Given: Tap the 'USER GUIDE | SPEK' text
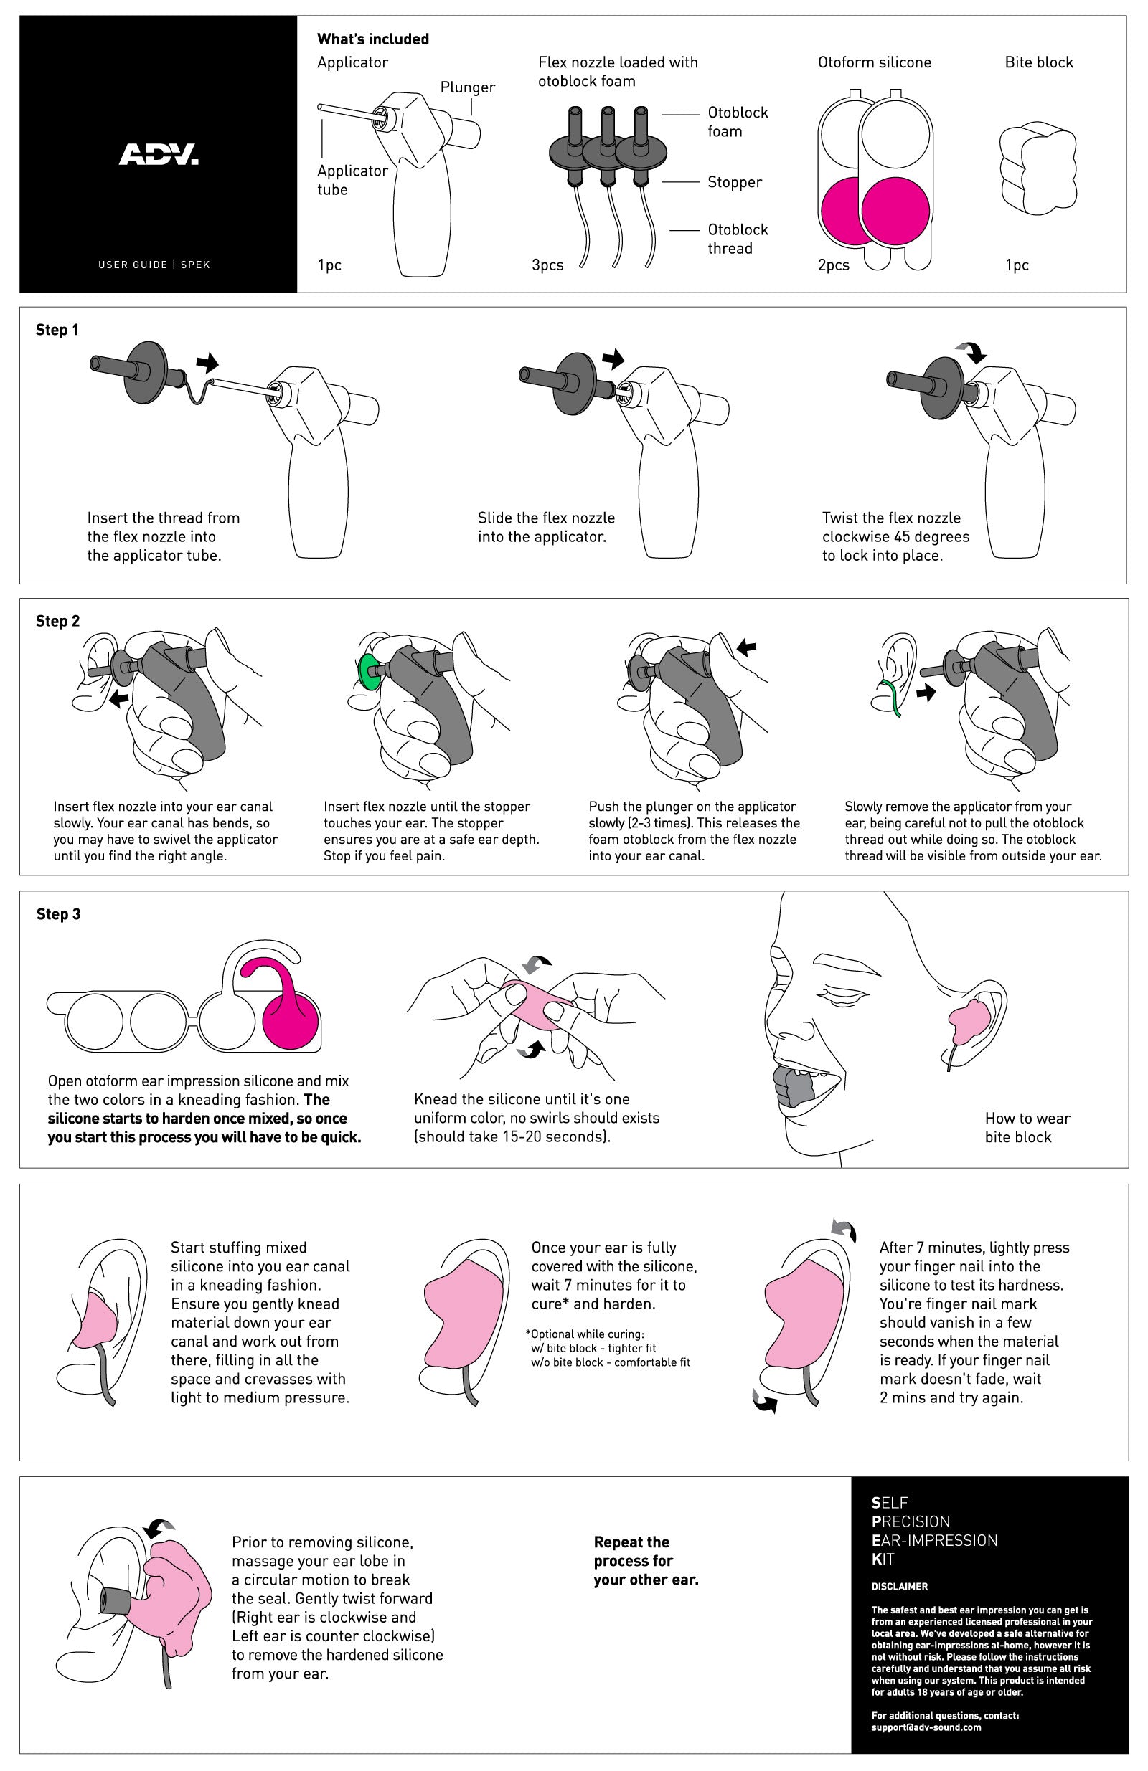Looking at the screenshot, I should coord(154,264).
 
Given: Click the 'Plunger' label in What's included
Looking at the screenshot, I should coord(468,87).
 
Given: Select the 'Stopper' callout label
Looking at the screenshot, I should coord(734,182).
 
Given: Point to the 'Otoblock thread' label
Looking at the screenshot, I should coord(737,239).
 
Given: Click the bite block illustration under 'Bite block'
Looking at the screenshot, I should coord(1038,169).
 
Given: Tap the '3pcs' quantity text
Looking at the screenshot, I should coord(547,265).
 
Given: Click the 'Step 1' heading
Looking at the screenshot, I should coord(57,330).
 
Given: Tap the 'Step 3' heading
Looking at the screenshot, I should coord(58,913).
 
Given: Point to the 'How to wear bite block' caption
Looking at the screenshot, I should coord(1027,1127).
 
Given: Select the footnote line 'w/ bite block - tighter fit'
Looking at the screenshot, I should coord(593,1349).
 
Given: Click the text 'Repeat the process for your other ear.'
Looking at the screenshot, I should coord(646,1560).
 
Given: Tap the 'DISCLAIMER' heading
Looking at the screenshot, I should coord(899,1586).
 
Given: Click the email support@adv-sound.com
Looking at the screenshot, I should coord(926,1727).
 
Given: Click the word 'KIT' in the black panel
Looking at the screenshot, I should coord(883,1558).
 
